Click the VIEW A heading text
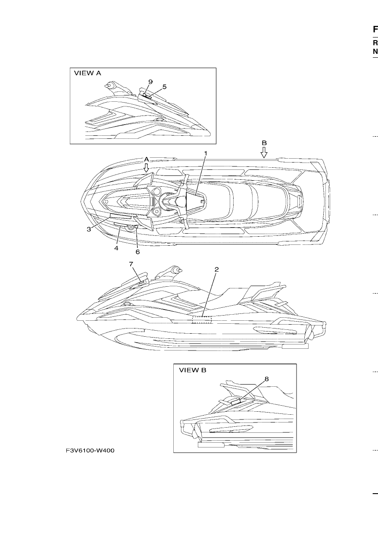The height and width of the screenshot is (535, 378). point(87,73)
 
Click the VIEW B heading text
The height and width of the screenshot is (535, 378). point(193,370)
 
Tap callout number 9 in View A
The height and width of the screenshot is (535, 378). point(150,82)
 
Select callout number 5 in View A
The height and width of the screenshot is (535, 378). point(164,87)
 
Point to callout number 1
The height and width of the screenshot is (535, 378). point(205,153)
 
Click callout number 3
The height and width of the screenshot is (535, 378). point(89,229)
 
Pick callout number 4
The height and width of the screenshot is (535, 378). point(116,248)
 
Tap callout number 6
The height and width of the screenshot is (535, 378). point(137,252)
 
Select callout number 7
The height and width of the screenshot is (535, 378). point(131,264)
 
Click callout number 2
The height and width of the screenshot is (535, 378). point(216,269)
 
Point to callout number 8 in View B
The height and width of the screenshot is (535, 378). point(267,379)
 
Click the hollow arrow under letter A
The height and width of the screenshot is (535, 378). point(146,168)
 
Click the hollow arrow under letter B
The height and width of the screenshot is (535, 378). point(264,153)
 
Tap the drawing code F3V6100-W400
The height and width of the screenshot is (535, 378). point(90,451)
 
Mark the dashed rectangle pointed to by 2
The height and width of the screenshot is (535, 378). point(202,319)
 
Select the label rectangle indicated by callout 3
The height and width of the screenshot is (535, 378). point(121,216)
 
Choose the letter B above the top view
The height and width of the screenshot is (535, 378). point(264,143)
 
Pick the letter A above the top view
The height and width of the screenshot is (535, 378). point(147,160)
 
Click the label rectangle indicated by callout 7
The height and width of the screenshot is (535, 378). point(141,283)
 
